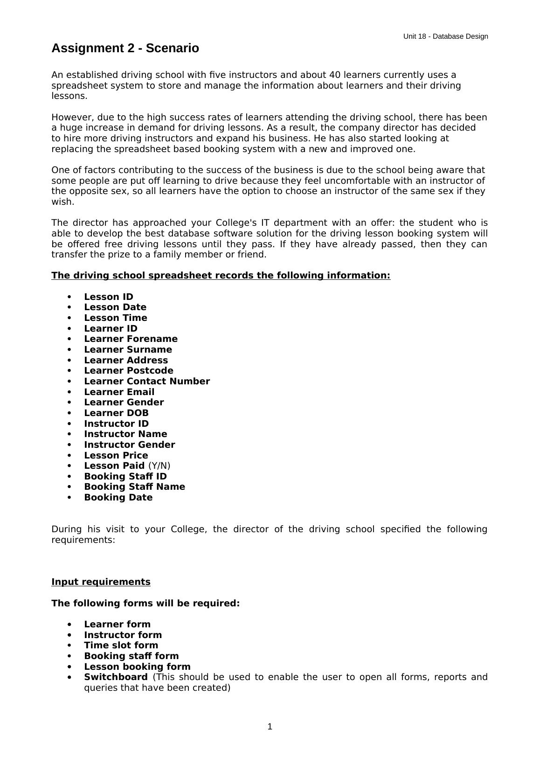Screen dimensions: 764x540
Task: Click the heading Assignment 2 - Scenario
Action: pyautogui.click(x=125, y=49)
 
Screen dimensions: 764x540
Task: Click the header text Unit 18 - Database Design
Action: pyautogui.click(x=445, y=36)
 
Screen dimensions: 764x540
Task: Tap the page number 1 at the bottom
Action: pyautogui.click(x=270, y=726)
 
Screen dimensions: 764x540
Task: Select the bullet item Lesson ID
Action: pyautogui.click(x=108, y=297)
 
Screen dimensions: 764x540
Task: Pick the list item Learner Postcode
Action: pyautogui.click(x=128, y=370)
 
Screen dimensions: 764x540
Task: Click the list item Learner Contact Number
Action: pyautogui.click(x=146, y=381)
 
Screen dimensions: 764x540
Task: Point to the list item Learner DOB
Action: pyautogui.click(x=116, y=413)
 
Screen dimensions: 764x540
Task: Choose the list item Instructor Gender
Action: pyautogui.click(x=129, y=445)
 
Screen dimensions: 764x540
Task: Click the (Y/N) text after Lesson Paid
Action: pyautogui.click(x=159, y=465)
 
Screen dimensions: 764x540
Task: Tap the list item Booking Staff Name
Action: pyautogui.click(x=134, y=486)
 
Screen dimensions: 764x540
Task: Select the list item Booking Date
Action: pyautogui.click(x=118, y=497)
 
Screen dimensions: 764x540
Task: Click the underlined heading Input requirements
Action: pyautogui.click(x=101, y=582)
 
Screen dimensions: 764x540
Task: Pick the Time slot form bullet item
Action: pyautogui.click(x=121, y=645)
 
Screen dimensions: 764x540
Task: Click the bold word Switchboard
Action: pyautogui.click(x=116, y=677)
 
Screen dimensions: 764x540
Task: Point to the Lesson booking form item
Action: pyautogui.click(x=137, y=667)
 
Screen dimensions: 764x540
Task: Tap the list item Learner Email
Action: pyautogui.click(x=119, y=392)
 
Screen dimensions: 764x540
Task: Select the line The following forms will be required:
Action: pyautogui.click(x=145, y=603)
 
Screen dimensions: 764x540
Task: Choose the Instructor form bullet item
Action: pyautogui.click(x=123, y=635)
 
